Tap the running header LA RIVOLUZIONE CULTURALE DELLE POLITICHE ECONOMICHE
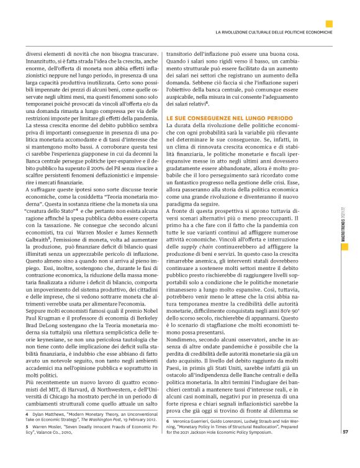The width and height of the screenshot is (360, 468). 273,31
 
